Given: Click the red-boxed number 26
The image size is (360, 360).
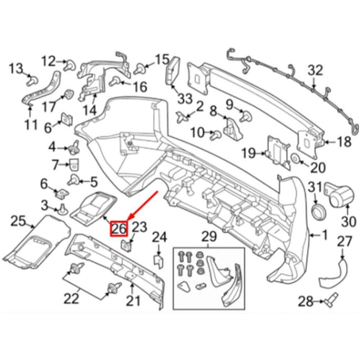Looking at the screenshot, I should pos(118,228).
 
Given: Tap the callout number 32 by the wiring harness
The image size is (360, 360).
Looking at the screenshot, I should pos(315,71).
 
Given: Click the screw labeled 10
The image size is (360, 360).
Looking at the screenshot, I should pos(217,135).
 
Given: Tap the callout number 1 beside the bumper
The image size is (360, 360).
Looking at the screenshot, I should pos(324,236).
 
